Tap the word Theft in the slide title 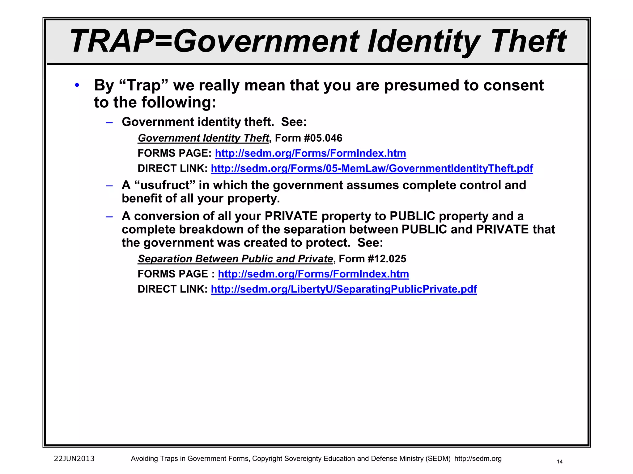click(x=529, y=41)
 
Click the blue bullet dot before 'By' click(x=77, y=85)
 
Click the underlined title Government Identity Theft click(x=203, y=138)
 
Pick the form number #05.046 click(x=323, y=138)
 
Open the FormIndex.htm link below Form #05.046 click(x=310, y=153)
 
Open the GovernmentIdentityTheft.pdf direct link click(x=372, y=168)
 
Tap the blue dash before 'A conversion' click(x=109, y=217)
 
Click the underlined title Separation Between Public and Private click(x=235, y=259)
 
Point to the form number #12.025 click(x=387, y=259)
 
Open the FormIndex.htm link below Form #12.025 click(x=313, y=274)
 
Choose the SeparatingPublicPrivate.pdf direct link click(x=344, y=289)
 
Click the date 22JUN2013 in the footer click(x=74, y=459)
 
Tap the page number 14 click(x=559, y=462)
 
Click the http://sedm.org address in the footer click(x=478, y=459)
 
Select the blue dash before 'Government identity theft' click(x=109, y=123)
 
